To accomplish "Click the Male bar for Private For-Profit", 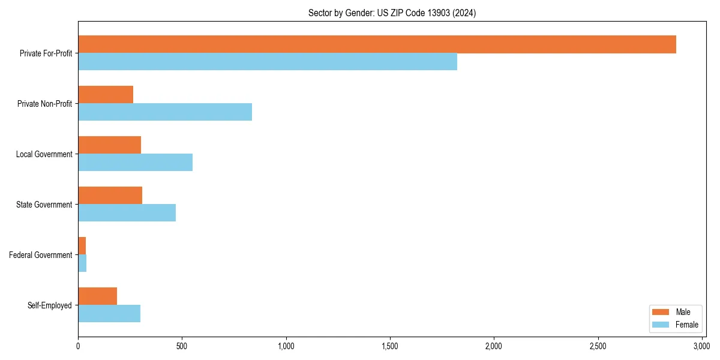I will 377,44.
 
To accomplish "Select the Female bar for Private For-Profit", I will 268,62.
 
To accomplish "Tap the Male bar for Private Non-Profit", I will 106,95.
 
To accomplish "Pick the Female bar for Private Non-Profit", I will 165,112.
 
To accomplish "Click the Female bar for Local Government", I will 135,163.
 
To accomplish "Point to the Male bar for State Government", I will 110,196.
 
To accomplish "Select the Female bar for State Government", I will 127,213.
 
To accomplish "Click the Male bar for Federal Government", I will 82,246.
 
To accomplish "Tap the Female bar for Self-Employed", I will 109,314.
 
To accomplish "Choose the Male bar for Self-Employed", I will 97,296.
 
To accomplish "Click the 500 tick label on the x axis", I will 182,347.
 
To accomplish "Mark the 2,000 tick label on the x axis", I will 494,347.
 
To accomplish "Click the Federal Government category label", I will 40,255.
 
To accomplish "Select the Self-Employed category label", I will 49,305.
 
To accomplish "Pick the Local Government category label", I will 44,154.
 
